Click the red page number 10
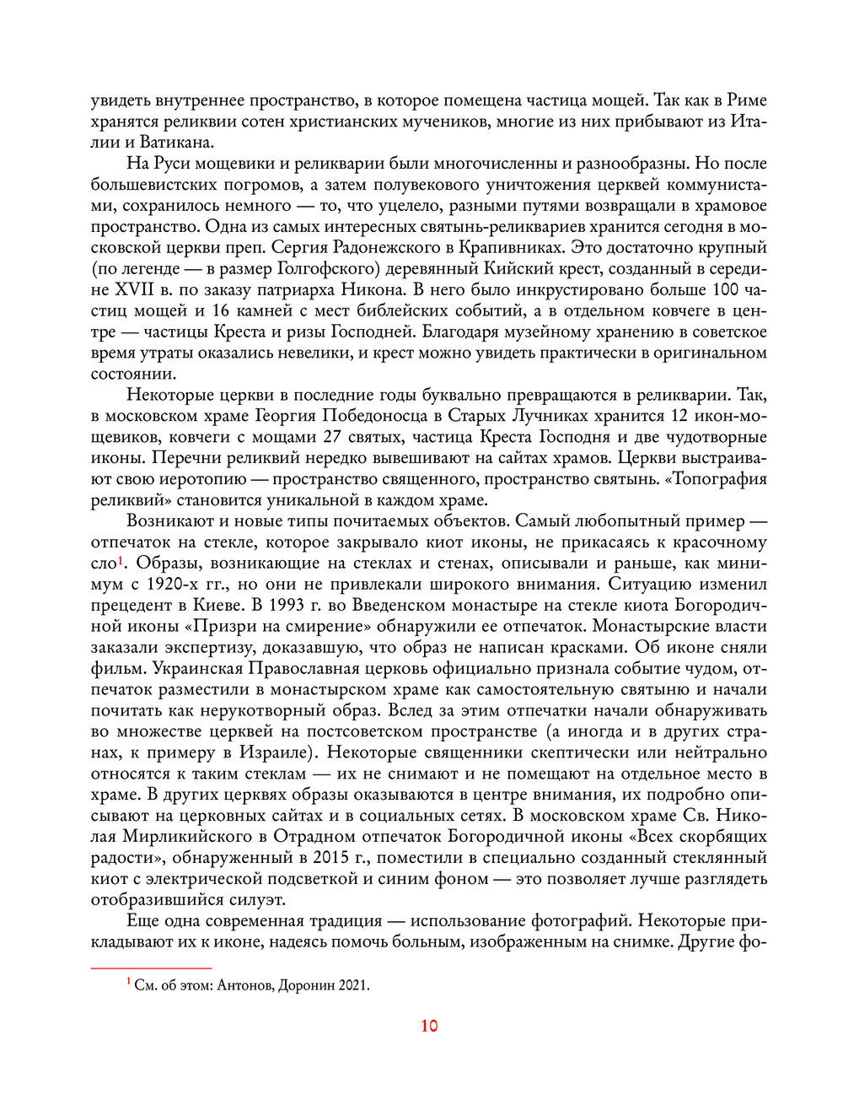pos(429,1026)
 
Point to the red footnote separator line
pos(151,968)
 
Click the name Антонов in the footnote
pos(244,984)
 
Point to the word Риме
pos(747,100)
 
